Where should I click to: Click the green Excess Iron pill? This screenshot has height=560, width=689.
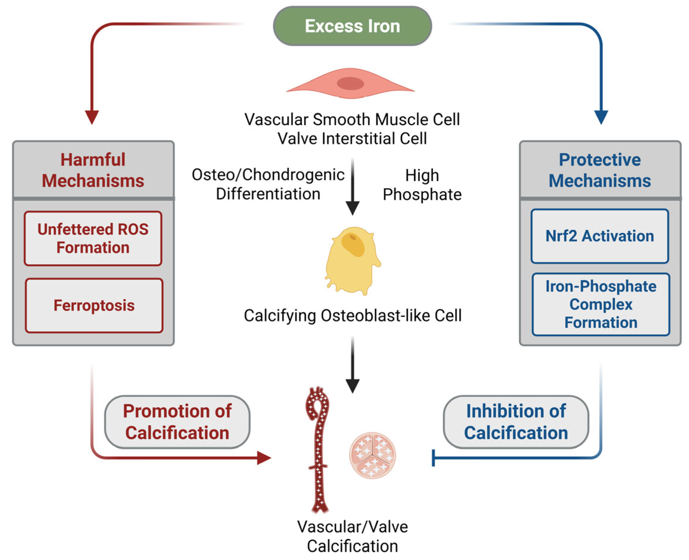click(352, 26)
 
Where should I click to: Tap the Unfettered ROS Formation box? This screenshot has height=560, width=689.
click(93, 238)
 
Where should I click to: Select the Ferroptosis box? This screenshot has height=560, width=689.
click(94, 306)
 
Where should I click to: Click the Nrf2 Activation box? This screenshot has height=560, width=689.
click(600, 236)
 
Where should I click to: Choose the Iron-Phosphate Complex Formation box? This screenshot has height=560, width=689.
click(601, 305)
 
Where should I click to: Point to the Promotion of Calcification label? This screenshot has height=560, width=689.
click(177, 422)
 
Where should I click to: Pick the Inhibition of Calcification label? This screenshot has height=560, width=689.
click(516, 422)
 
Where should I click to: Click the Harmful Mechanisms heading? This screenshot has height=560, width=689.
click(93, 170)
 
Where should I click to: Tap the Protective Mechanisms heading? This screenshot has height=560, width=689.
click(600, 170)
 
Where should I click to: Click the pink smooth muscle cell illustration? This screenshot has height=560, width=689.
click(351, 83)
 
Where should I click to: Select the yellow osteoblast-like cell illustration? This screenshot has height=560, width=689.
click(352, 261)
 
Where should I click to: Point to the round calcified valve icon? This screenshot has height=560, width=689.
click(372, 455)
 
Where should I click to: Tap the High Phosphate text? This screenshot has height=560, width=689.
click(422, 185)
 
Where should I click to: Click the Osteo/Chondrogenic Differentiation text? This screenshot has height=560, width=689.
click(268, 184)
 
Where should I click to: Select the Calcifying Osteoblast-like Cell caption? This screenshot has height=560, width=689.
click(352, 316)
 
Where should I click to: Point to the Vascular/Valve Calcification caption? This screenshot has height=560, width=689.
click(352, 536)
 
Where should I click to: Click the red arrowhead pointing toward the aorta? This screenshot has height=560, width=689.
click(264, 458)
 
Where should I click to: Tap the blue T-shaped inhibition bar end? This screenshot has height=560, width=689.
click(433, 458)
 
